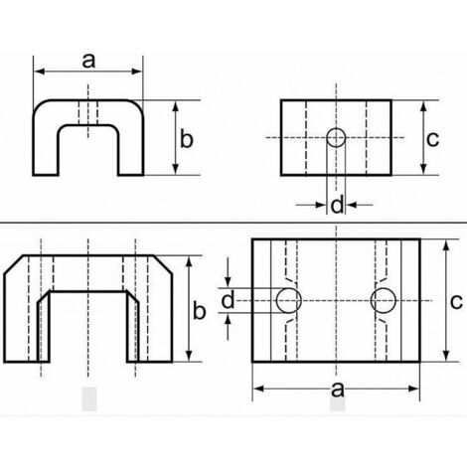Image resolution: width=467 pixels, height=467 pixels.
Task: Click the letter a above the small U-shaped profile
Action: (88, 61)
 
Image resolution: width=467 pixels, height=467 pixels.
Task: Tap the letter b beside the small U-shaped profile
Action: (184, 138)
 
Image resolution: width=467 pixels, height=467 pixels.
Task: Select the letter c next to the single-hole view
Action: (432, 139)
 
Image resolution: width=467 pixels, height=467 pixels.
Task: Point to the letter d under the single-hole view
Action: (337, 205)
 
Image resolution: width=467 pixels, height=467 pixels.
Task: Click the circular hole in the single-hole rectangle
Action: (336, 136)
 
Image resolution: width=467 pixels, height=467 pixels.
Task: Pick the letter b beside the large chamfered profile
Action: (199, 311)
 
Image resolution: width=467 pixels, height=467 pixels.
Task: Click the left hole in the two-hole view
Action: (289, 300)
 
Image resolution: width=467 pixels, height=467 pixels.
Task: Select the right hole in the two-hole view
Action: (383, 300)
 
